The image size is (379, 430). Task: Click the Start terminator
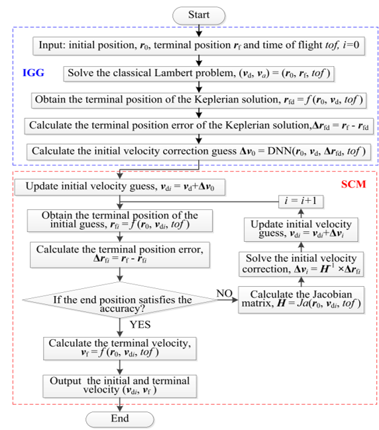[x=199, y=15]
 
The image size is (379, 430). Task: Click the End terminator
[x=119, y=419]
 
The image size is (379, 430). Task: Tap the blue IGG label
[x=33, y=73]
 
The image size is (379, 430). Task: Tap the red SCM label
[x=353, y=184]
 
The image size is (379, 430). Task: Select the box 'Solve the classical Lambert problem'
[x=199, y=74]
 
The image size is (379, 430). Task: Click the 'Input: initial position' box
[x=199, y=46]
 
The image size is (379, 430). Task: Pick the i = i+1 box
[x=301, y=201]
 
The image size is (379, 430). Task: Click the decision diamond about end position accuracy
[x=119, y=300]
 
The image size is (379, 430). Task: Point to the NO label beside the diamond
[x=225, y=293]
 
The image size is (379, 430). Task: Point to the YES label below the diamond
[x=140, y=325]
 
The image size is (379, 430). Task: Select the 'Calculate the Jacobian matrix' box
[x=301, y=299]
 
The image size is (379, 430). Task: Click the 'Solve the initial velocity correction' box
[x=301, y=264]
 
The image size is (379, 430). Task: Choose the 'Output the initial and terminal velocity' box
[x=119, y=386]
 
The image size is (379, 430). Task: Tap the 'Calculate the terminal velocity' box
[x=119, y=349]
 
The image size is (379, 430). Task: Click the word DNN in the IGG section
[x=280, y=151]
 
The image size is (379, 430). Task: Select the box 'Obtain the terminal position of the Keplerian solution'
[x=199, y=101]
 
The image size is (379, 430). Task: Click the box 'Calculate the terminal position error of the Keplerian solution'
[x=199, y=126]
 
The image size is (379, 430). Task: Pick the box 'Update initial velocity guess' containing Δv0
[x=119, y=187]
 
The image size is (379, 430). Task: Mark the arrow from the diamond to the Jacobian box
[x=228, y=300]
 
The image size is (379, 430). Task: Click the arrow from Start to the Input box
[x=199, y=30]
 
